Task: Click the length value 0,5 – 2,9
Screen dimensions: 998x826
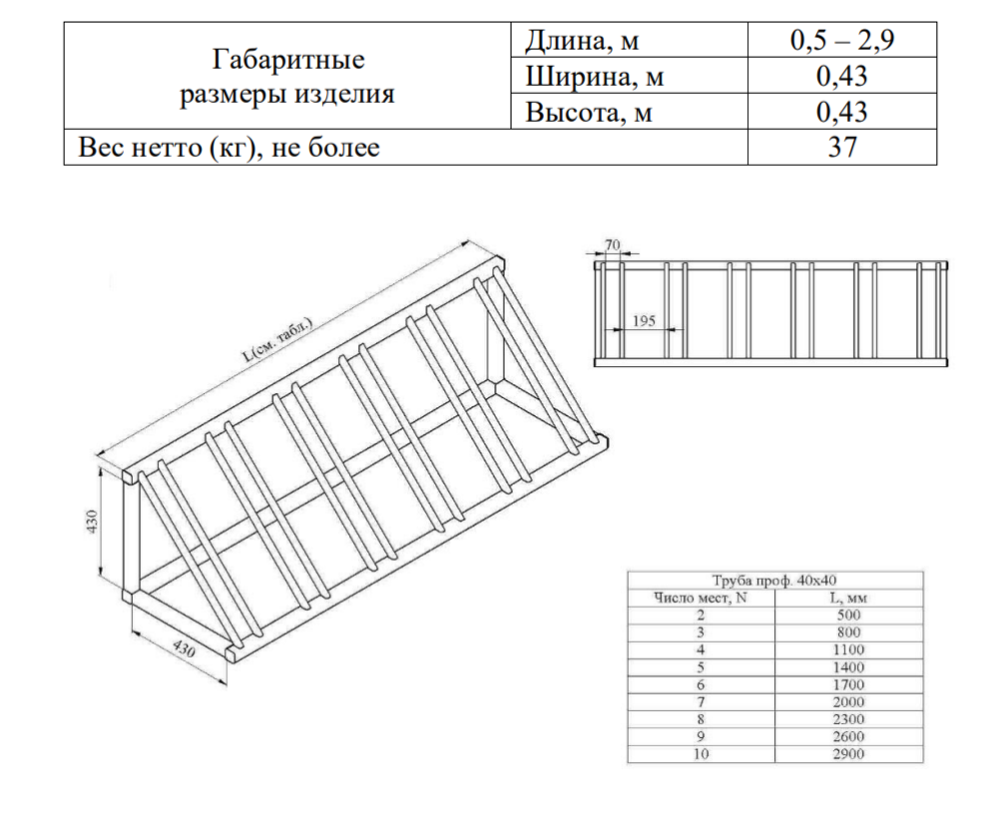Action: click(842, 40)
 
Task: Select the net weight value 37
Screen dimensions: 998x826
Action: click(842, 147)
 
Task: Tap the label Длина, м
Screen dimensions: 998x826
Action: click(582, 41)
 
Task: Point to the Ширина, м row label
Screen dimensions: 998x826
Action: click(595, 77)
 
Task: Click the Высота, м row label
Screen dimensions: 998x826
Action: click(589, 113)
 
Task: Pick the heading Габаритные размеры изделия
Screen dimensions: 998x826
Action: click(287, 77)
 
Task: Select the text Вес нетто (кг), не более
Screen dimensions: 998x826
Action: click(229, 148)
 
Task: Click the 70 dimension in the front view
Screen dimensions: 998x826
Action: click(612, 245)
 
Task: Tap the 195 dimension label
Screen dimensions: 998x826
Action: click(644, 321)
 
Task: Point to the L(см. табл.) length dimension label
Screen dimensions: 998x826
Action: click(278, 339)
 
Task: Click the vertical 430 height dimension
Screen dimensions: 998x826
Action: click(93, 522)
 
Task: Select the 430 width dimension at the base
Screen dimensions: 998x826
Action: click(184, 648)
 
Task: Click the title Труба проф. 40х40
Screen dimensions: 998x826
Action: click(774, 581)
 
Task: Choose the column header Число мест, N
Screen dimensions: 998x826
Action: click(701, 599)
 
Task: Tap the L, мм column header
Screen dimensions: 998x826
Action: click(848, 599)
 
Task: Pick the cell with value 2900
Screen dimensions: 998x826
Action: click(848, 754)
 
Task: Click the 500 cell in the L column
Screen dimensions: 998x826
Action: click(848, 616)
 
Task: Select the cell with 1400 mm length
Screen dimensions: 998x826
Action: click(848, 667)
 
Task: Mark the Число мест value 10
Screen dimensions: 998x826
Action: click(701, 754)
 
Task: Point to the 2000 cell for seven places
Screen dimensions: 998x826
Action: click(848, 702)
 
